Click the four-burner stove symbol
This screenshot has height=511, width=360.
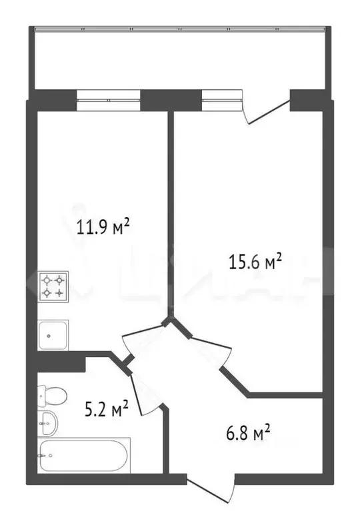[x=53, y=286]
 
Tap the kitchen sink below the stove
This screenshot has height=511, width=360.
[x=53, y=334]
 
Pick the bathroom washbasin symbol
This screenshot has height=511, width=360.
[x=47, y=421]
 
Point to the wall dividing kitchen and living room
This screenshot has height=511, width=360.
[x=171, y=213]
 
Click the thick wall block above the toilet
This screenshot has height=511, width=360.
[x=60, y=364]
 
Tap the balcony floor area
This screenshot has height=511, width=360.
[x=180, y=60]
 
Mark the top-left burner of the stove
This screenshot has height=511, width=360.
[x=47, y=280]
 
